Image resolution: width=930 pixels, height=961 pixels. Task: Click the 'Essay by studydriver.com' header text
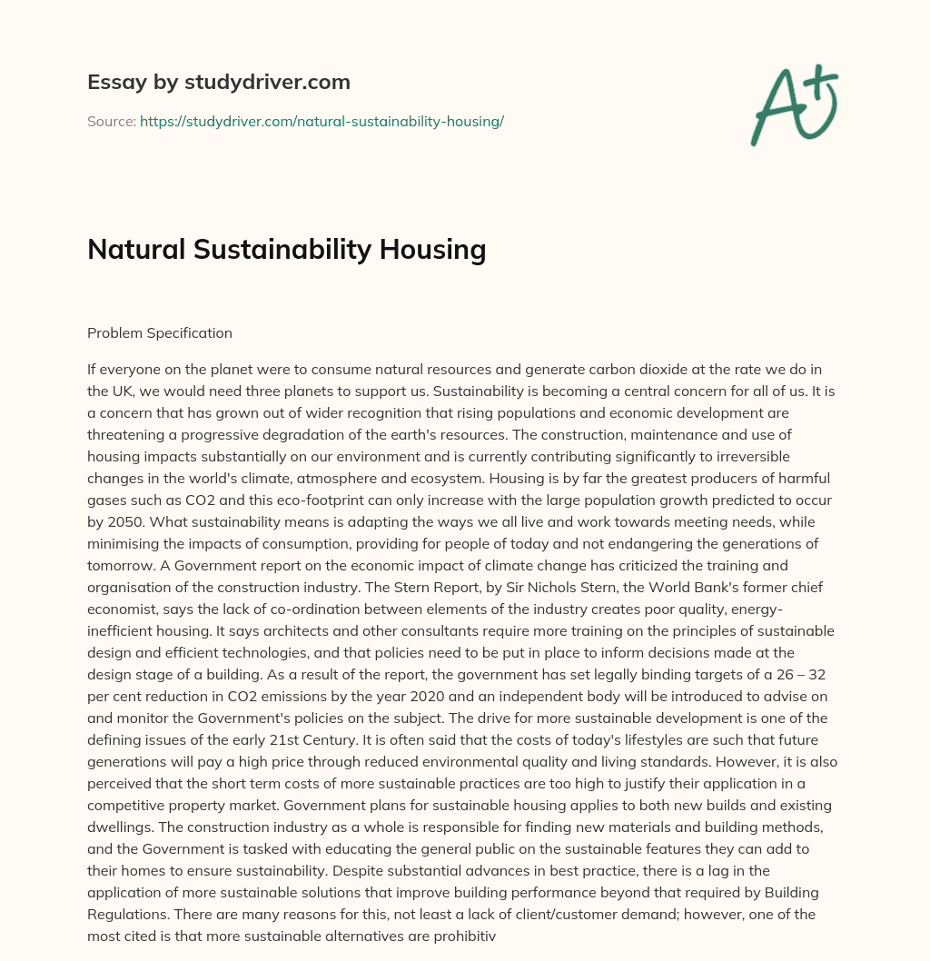click(218, 82)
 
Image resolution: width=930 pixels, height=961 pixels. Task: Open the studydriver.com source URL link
click(322, 121)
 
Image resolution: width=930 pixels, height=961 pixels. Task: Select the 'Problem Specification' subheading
click(160, 332)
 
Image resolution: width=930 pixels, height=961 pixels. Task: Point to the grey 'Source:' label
click(112, 121)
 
